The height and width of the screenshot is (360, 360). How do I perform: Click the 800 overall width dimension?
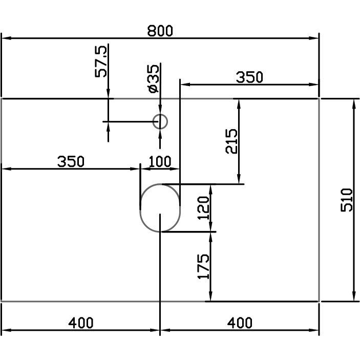160,31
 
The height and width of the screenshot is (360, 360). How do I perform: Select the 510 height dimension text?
347,200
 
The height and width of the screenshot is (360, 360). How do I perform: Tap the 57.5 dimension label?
101,61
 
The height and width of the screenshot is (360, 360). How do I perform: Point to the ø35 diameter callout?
153,79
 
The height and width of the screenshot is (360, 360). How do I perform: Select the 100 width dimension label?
160,161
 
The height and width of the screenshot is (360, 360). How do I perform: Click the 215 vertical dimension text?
231,141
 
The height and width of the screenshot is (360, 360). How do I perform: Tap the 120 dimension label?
203,208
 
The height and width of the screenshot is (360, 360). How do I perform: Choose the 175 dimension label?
203,267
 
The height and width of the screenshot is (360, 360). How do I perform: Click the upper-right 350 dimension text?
249,77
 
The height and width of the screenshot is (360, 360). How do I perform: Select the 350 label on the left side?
71,161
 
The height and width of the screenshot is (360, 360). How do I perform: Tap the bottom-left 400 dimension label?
81,323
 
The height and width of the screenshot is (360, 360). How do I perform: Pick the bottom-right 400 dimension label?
240,323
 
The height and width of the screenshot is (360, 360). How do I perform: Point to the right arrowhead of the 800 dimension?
313,38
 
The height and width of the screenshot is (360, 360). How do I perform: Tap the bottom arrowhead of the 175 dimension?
211,296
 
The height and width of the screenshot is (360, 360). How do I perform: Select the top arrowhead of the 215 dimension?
239,104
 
